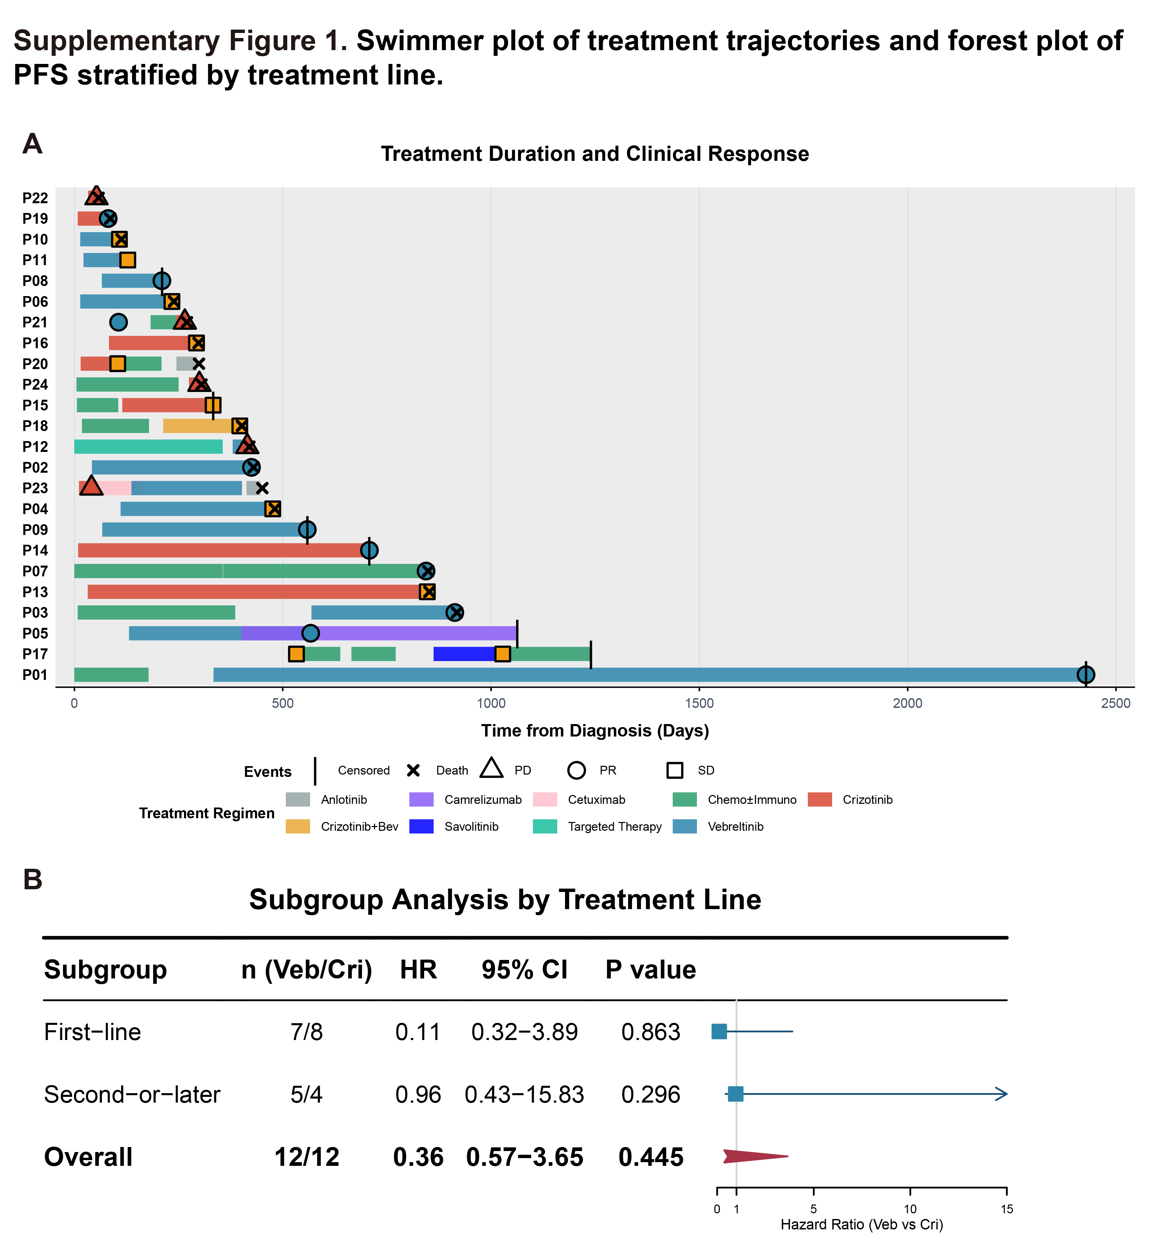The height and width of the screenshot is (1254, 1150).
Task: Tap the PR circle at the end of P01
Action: [1086, 675]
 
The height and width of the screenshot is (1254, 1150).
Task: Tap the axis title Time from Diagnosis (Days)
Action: [595, 730]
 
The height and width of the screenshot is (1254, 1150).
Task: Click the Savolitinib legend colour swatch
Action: [421, 826]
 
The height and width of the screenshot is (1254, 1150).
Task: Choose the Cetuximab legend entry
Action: [596, 800]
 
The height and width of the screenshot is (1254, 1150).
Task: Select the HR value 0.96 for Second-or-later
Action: [418, 1095]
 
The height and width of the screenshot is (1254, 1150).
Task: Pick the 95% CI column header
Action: [525, 970]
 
